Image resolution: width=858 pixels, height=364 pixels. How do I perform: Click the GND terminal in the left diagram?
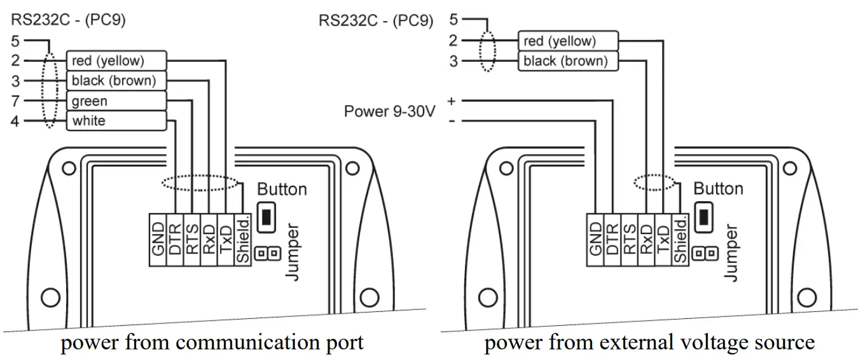[158, 239]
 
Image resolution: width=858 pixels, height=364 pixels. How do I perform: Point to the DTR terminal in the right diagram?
[612, 239]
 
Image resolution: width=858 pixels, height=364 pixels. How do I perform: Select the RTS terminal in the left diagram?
[192, 239]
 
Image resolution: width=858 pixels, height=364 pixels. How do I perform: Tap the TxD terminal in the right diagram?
[663, 239]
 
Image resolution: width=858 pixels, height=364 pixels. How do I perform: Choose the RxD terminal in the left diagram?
[209, 239]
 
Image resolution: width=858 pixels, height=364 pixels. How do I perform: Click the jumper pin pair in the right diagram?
[704, 254]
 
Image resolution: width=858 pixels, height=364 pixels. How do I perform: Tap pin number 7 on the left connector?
[15, 101]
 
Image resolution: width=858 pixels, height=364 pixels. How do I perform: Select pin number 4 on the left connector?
[15, 121]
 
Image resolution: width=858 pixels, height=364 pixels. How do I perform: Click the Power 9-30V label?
[389, 111]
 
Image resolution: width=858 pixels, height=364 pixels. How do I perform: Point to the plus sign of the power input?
[452, 101]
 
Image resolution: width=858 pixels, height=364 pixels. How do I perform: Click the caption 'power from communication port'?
[212, 343]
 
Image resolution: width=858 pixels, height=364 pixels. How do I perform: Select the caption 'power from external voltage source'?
[649, 343]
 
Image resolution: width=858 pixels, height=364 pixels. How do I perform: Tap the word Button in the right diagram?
[718, 189]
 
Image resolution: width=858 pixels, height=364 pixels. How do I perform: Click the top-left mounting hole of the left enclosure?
[67, 169]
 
